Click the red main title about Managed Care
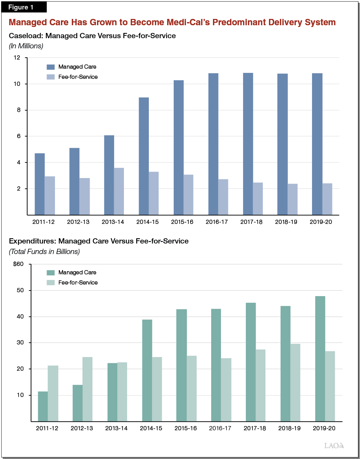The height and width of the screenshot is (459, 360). coord(172,22)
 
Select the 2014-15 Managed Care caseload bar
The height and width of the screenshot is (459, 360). coord(144,156)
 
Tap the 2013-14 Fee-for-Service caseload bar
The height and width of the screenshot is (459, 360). coord(119,191)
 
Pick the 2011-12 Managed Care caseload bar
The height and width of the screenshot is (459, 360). coord(40,184)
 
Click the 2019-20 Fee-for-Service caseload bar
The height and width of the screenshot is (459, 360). coord(327,199)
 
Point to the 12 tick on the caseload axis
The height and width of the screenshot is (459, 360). coord(17,58)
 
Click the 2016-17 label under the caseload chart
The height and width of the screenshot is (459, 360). coord(217,222)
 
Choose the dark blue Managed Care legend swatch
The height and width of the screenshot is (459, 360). coord(51,67)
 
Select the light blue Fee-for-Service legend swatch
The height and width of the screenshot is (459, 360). coord(51,77)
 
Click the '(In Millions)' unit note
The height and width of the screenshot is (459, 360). coord(26,46)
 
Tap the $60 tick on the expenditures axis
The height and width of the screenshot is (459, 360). coord(18,264)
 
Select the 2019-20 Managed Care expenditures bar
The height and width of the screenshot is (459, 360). coord(320,358)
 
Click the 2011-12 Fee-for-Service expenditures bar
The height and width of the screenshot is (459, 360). coord(53,393)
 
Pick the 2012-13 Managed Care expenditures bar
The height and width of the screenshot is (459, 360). coord(77,403)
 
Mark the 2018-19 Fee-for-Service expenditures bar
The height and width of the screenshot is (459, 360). coord(295,382)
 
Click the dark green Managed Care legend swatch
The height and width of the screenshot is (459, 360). coord(51,273)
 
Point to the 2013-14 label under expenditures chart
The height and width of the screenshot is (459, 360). coord(116,429)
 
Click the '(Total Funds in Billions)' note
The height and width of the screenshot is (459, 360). coord(44,252)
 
